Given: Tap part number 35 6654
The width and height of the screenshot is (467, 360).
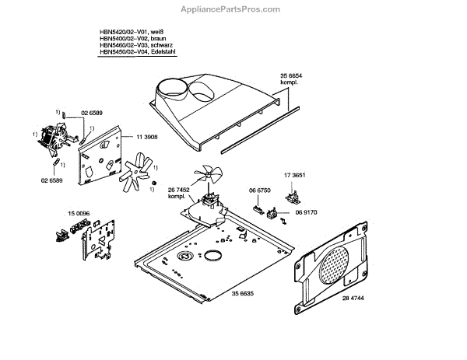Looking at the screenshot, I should [290, 76].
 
